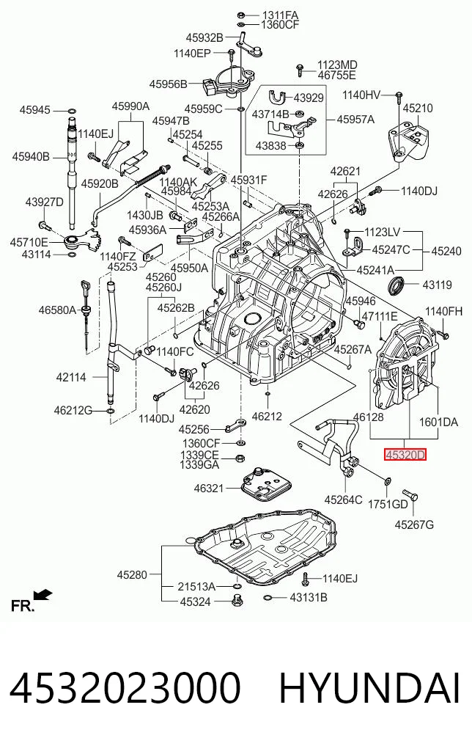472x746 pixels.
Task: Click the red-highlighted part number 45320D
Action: click(x=405, y=456)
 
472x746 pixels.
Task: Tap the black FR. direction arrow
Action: click(x=44, y=594)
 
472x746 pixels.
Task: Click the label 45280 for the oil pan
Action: click(x=132, y=575)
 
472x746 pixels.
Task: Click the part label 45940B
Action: click(x=31, y=156)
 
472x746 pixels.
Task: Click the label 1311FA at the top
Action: click(x=281, y=15)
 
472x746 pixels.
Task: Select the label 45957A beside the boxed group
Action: click(x=355, y=119)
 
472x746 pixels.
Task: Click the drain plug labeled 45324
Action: click(x=236, y=601)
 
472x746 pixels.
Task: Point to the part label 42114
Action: click(x=71, y=378)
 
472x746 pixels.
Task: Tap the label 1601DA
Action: click(x=438, y=422)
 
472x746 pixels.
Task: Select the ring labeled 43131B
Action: click(x=268, y=598)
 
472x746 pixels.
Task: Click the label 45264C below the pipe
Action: click(x=343, y=500)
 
